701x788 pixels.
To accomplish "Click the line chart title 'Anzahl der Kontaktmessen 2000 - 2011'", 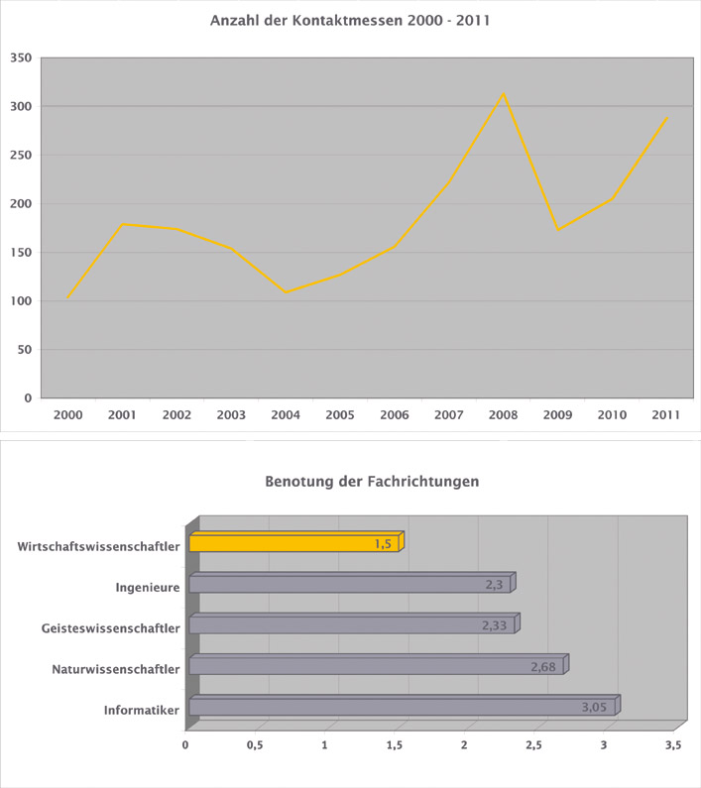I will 351,20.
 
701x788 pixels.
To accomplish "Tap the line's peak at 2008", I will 504,93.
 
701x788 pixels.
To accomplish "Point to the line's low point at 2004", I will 286,292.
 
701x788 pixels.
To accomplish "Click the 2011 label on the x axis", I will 666,415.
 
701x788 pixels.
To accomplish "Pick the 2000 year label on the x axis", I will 67,415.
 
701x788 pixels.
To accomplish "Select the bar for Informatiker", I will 402,708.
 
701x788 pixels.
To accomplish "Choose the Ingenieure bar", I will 349,585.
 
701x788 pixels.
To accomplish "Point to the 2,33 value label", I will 495,625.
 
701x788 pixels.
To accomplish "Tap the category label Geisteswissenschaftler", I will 110,627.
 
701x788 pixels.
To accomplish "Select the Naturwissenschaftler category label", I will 115,669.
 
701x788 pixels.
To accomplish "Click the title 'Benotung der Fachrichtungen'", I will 372,483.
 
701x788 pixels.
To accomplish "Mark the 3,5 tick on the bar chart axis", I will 673,744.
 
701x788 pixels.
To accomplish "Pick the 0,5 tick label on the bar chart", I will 255,744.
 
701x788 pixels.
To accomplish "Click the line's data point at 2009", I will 558,230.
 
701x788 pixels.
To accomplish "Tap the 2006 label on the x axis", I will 395,415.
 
